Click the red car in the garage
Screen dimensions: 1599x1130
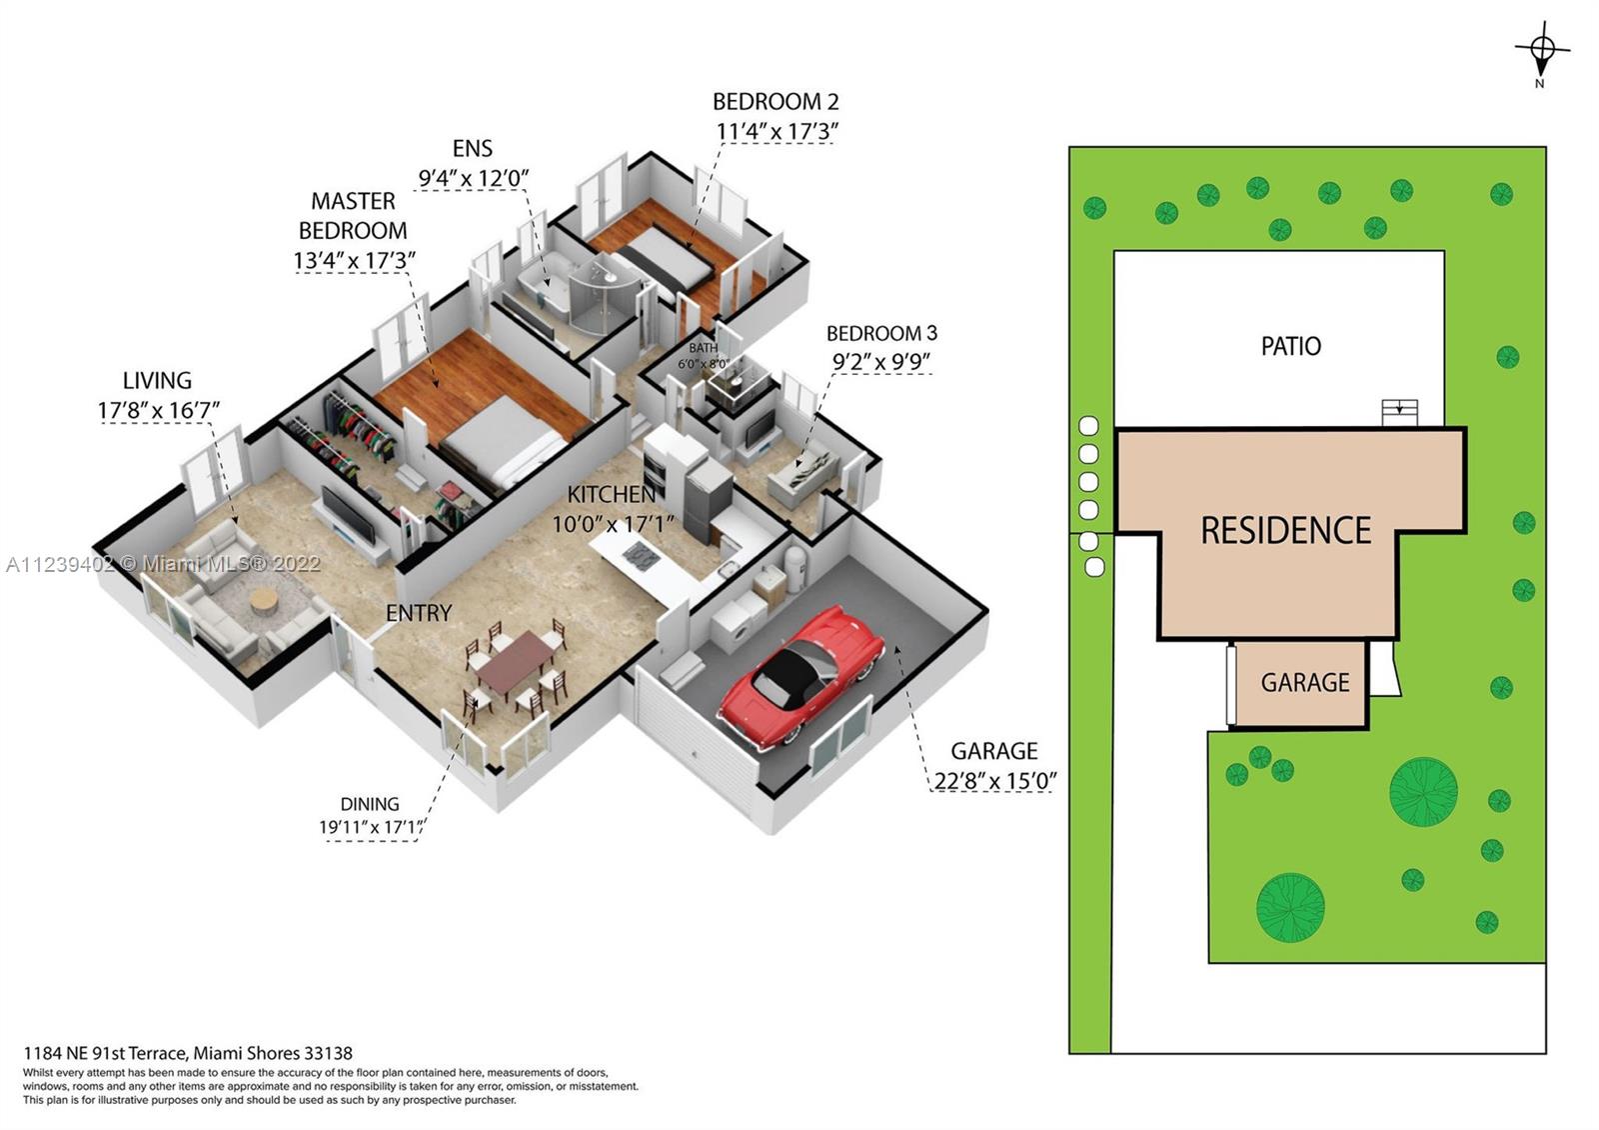799,676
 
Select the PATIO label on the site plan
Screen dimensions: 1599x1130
1290,346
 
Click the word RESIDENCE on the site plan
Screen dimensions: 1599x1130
1285,531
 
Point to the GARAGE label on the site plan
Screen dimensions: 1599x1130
1305,683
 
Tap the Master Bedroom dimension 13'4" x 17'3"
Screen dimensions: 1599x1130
354,261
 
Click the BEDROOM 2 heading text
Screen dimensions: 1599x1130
776,102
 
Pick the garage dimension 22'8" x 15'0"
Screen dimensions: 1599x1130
995,781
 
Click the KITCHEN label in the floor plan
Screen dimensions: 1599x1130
612,494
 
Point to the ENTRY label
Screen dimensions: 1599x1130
419,613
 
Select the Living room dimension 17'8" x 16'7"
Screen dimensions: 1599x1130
159,411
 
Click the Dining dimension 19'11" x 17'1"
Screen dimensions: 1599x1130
371,828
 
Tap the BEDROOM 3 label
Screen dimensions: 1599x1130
881,334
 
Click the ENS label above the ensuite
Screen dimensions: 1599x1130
473,149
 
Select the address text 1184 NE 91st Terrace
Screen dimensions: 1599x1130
106,1054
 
